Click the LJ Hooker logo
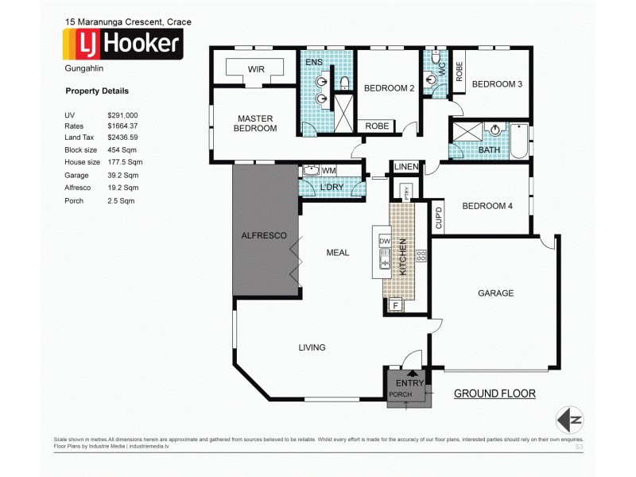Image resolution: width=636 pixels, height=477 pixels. (x=123, y=45)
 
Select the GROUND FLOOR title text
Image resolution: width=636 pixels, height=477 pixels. (x=494, y=394)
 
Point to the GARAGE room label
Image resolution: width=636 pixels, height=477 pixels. (x=495, y=293)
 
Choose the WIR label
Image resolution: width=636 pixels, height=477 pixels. (x=256, y=70)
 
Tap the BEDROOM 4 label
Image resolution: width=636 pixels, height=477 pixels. (x=487, y=206)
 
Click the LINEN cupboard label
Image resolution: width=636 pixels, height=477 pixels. (x=405, y=167)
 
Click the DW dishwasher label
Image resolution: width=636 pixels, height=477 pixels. (x=384, y=241)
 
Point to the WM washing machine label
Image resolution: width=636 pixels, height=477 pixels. (x=328, y=170)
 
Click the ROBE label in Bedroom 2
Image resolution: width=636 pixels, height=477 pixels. (x=377, y=126)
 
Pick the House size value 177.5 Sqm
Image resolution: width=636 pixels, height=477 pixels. (x=123, y=161)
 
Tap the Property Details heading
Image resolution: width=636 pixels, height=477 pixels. (x=96, y=91)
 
